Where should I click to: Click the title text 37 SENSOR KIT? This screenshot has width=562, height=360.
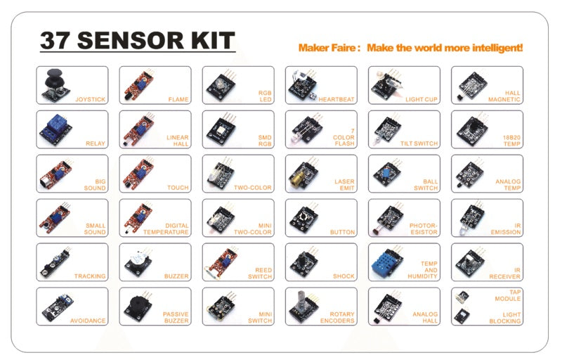click(x=137, y=40)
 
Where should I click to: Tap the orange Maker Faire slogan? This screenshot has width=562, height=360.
click(x=410, y=48)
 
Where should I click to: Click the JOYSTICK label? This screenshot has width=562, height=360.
click(x=90, y=100)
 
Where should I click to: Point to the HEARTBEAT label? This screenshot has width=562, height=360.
click(x=334, y=100)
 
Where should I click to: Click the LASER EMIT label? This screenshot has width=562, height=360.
click(x=344, y=184)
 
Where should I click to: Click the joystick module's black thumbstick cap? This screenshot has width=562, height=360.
click(x=53, y=75)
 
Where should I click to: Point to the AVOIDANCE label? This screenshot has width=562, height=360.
click(x=88, y=321)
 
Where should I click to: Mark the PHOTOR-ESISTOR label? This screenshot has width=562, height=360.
click(x=424, y=229)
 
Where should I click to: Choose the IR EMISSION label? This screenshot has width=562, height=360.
click(x=506, y=229)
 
